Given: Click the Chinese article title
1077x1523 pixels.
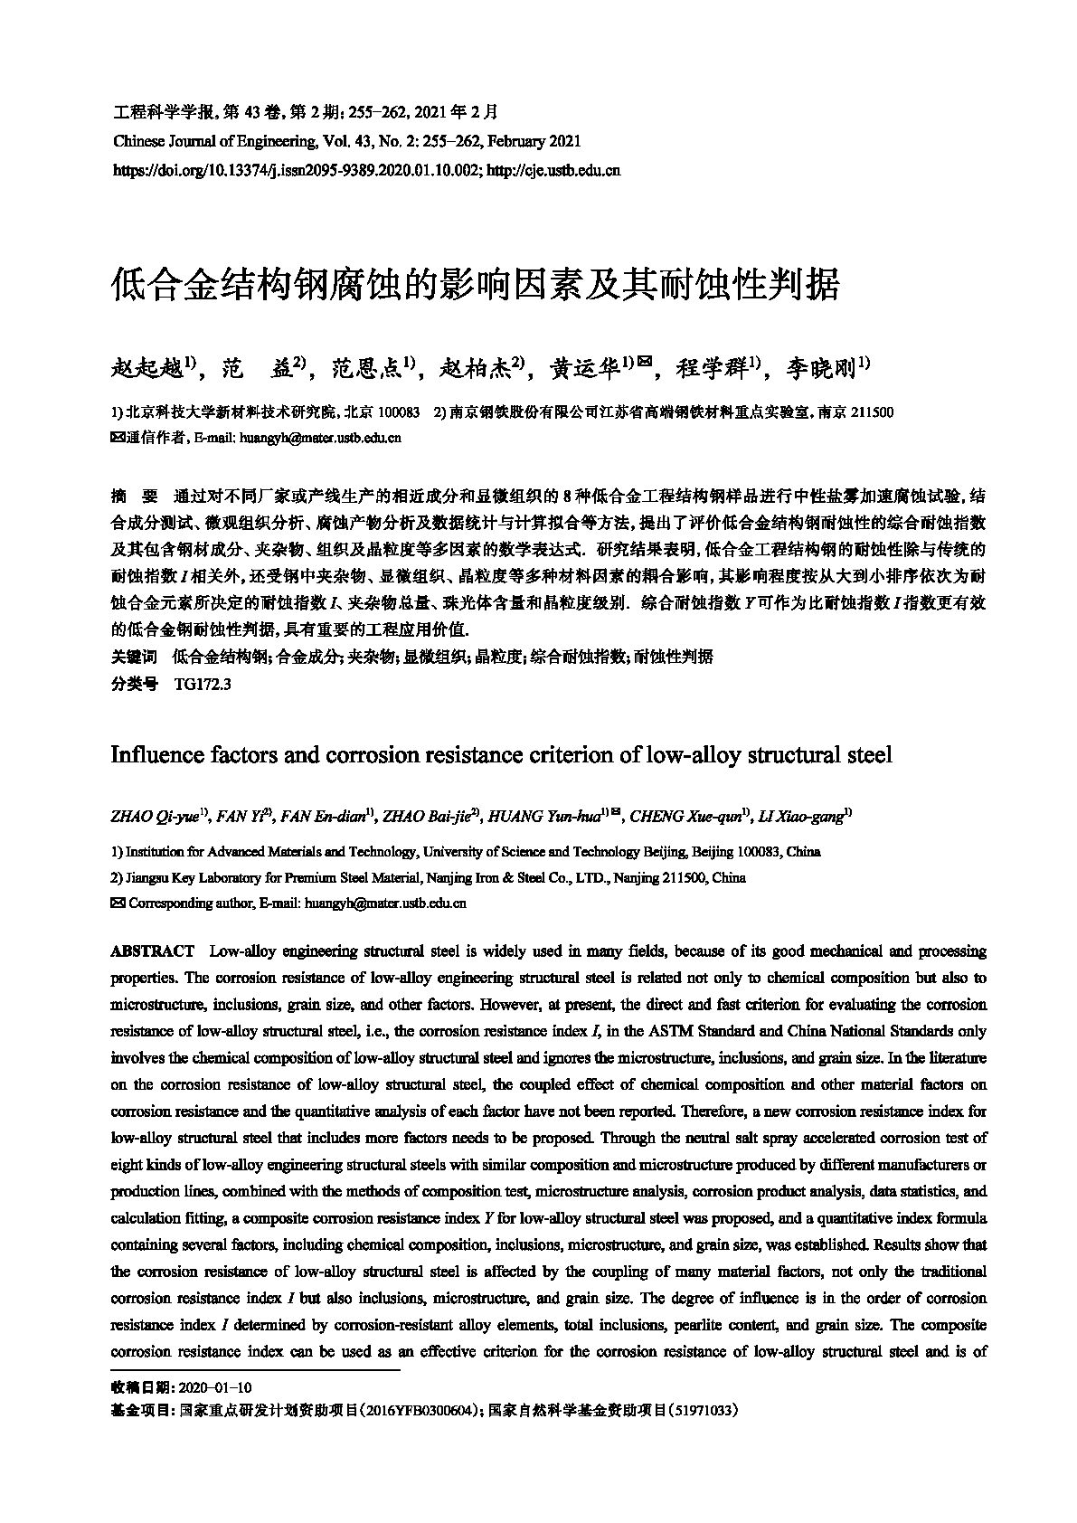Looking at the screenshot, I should (475, 285).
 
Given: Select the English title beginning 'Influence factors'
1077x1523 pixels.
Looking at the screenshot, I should (501, 754).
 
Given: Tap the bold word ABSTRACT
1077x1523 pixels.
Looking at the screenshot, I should (152, 951).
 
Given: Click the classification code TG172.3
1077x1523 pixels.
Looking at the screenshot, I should (202, 685).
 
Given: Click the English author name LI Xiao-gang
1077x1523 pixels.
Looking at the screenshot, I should (803, 818).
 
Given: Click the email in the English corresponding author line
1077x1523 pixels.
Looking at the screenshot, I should (385, 903).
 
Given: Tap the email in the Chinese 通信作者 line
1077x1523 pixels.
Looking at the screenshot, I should (318, 438).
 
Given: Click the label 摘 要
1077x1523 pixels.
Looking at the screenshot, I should (133, 496).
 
